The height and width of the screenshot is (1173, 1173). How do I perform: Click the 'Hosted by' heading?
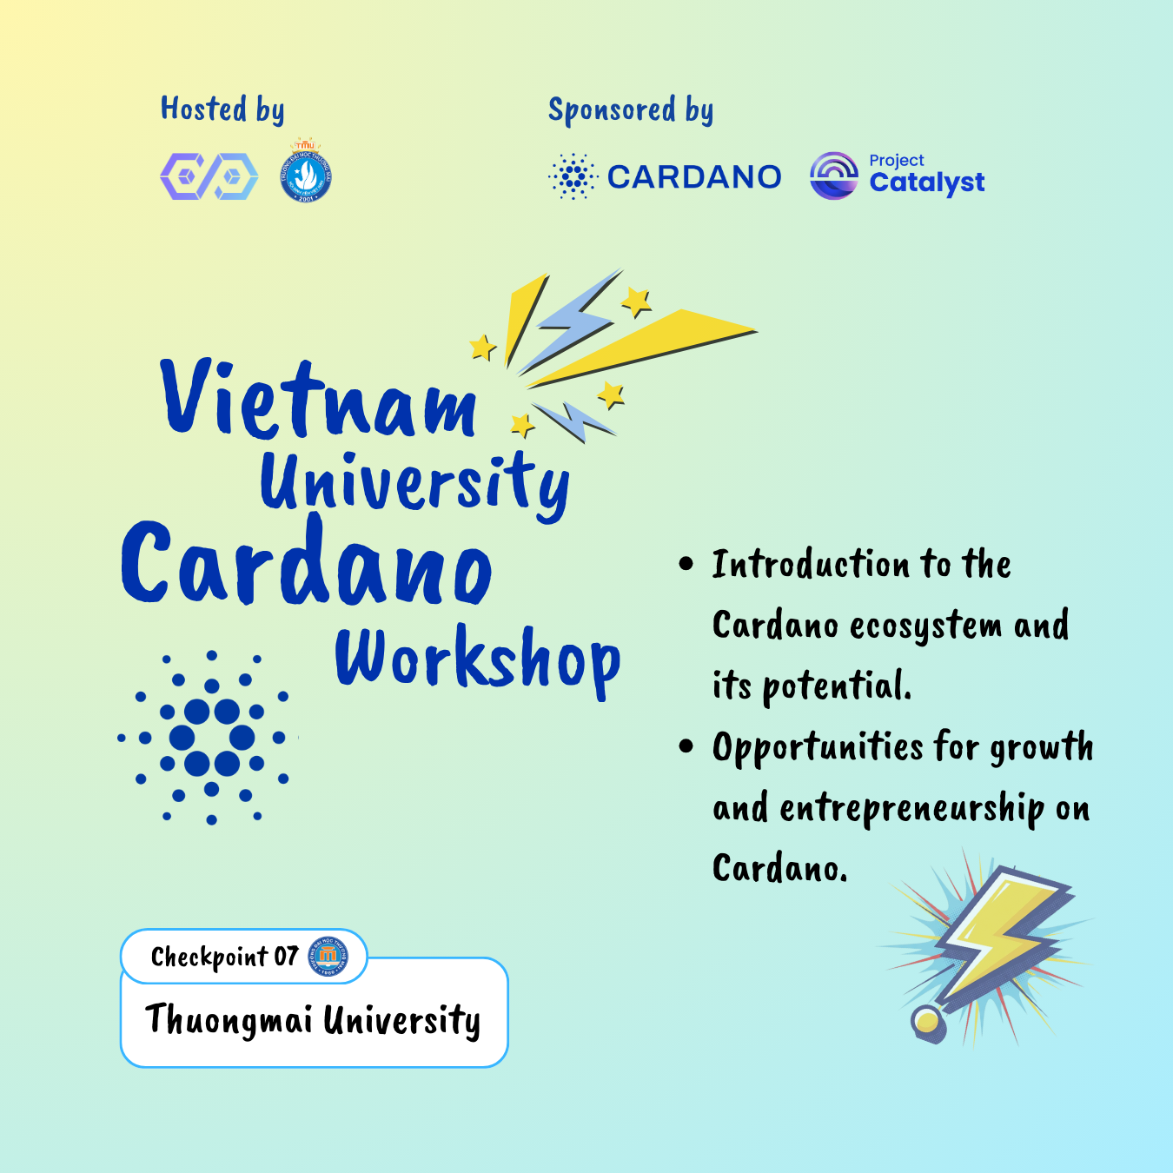pyautogui.click(x=222, y=109)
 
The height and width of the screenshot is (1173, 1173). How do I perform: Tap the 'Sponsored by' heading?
pyautogui.click(x=631, y=110)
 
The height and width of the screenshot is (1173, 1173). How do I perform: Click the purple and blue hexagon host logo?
pyautogui.click(x=209, y=176)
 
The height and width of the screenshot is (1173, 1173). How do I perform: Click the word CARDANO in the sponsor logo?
pyautogui.click(x=694, y=177)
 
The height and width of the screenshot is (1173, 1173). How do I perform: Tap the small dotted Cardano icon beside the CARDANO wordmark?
pyautogui.click(x=573, y=176)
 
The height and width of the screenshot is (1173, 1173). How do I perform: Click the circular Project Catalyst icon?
pyautogui.click(x=833, y=176)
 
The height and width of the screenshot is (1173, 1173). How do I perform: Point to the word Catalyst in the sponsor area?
pyautogui.click(x=927, y=183)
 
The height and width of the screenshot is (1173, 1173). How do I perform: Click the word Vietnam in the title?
pyautogui.click(x=319, y=401)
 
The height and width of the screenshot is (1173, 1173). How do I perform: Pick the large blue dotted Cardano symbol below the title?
pyautogui.click(x=211, y=738)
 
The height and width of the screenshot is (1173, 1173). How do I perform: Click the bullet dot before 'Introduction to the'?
pyautogui.click(x=686, y=564)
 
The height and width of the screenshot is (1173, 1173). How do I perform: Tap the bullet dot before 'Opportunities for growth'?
pyautogui.click(x=686, y=746)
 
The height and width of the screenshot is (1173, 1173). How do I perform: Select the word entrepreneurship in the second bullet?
pyautogui.click(x=911, y=809)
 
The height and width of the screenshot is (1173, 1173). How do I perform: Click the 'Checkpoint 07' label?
pyautogui.click(x=224, y=957)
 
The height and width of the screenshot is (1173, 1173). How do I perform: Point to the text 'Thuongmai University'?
pyautogui.click(x=313, y=1020)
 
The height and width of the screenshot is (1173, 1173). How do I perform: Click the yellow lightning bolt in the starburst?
pyautogui.click(x=999, y=938)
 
